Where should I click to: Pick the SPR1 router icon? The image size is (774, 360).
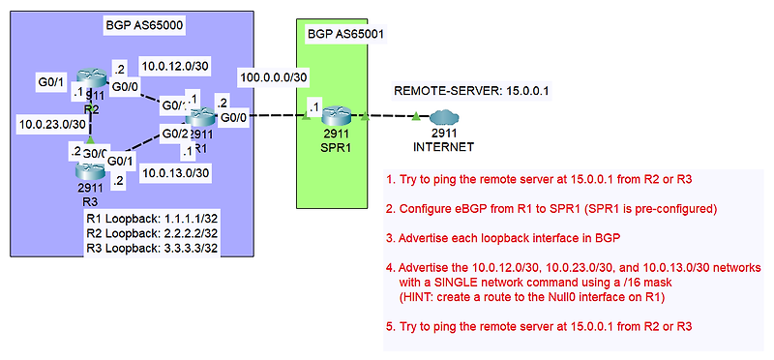(334, 115)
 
